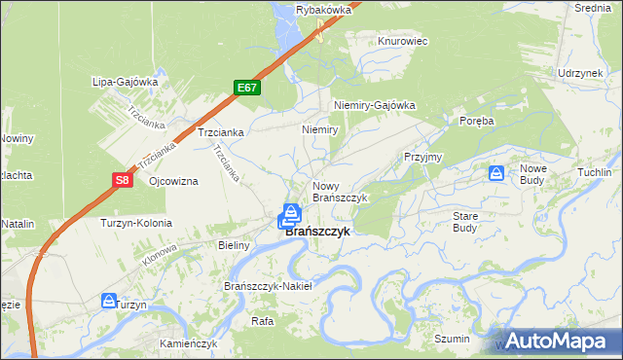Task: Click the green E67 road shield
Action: click(x=247, y=88)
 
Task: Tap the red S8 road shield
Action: click(x=121, y=180)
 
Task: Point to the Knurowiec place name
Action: click(x=403, y=42)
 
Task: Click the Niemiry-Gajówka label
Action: click(x=375, y=105)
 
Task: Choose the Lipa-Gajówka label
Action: click(x=125, y=82)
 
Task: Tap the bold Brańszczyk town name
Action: click(x=317, y=234)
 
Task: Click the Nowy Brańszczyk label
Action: click(x=339, y=191)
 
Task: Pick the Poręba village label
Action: click(x=477, y=121)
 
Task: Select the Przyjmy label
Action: click(x=423, y=157)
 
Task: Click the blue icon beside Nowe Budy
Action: click(x=496, y=173)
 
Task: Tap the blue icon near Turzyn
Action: click(x=109, y=302)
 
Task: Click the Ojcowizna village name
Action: click(x=173, y=182)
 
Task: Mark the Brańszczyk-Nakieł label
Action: click(x=267, y=286)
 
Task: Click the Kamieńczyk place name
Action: click(x=189, y=344)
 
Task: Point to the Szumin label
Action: click(x=452, y=339)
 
